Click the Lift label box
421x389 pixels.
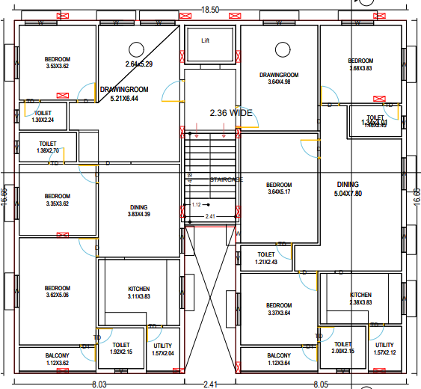pos(206,41)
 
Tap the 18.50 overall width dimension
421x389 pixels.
pos(209,9)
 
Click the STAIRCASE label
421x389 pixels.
pos(227,180)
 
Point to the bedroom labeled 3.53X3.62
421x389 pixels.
pos(57,63)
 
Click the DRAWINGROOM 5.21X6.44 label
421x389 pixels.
pos(124,94)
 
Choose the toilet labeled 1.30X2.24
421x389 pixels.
pos(43,117)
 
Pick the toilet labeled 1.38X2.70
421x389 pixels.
pos(47,147)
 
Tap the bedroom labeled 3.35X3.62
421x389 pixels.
pos(57,200)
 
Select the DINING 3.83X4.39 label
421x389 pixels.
pos(138,211)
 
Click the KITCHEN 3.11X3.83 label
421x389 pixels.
pos(138,292)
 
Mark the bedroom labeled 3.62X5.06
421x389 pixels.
pos(57,292)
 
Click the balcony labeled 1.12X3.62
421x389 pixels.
pos(57,359)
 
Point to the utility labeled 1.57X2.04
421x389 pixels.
pos(163,349)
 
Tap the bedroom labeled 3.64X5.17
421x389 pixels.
pos(279,189)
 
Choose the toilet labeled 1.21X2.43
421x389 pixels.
pos(265,258)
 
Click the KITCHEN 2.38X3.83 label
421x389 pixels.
pos(360,298)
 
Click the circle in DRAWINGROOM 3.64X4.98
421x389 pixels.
pos(283,49)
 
